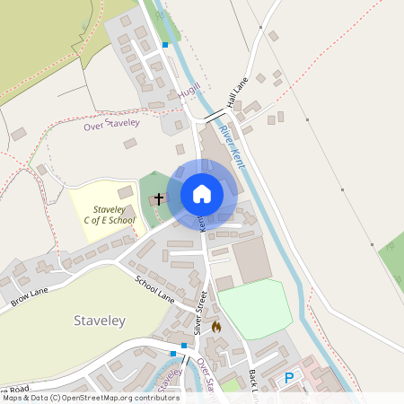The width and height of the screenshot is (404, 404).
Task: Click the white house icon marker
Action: [201, 194]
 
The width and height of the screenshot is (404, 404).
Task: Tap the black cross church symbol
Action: [159, 198]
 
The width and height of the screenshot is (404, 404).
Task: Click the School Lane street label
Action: [154, 290]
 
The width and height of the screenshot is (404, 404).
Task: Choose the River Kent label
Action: [232, 146]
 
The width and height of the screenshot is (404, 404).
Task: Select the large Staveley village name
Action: [100, 321]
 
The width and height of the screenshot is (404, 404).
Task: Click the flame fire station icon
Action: [215, 327]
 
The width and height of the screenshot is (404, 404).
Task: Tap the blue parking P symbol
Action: [289, 379]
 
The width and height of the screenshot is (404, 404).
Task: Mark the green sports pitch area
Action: [255, 308]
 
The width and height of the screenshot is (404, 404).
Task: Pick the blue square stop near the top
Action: [164, 44]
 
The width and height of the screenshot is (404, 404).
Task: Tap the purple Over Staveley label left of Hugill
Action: [111, 125]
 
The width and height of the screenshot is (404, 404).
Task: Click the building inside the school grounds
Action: [125, 193]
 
